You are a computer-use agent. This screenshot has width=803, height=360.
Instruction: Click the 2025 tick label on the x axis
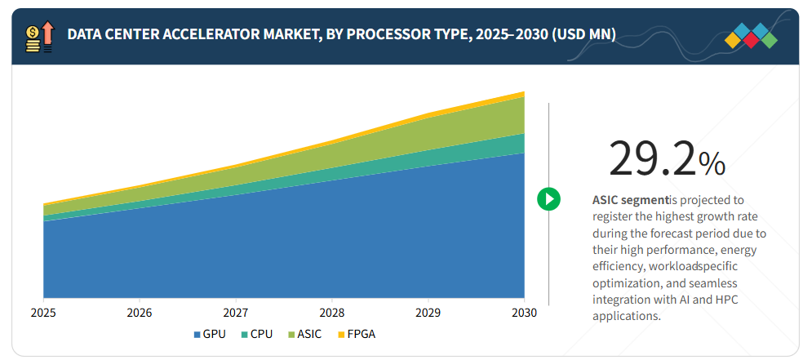pyautogui.click(x=43, y=313)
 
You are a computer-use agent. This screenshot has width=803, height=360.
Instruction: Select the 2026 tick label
pyautogui.click(x=140, y=313)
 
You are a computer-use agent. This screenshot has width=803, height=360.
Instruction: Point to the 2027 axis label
pyautogui.click(x=236, y=313)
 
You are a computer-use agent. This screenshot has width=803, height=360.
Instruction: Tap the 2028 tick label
pyautogui.click(x=331, y=313)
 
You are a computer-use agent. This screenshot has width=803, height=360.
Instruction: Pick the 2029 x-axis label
pyautogui.click(x=428, y=313)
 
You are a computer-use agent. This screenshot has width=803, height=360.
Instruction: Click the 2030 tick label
pyautogui.click(x=523, y=313)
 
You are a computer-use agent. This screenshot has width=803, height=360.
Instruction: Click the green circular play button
pyautogui.click(x=548, y=198)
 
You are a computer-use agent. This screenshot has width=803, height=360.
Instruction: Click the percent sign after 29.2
pyautogui.click(x=712, y=163)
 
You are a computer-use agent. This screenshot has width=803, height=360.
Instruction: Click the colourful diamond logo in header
pyautogui.click(x=751, y=35)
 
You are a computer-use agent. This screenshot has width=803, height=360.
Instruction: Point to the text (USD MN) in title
pyautogui.click(x=580, y=34)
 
